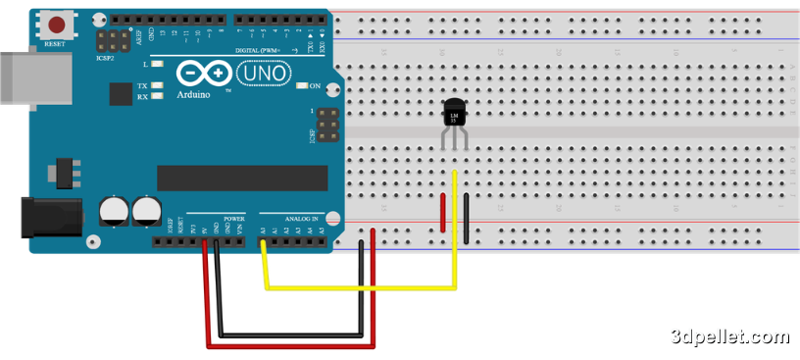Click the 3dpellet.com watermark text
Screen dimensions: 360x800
click(729, 336)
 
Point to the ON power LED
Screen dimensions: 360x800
click(301, 86)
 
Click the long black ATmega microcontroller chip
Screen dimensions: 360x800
click(242, 177)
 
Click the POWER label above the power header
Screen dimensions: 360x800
click(234, 219)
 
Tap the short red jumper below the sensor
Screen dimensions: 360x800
click(444, 213)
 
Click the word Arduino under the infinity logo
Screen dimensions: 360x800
click(196, 95)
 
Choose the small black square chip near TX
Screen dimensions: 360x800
click(121, 93)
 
